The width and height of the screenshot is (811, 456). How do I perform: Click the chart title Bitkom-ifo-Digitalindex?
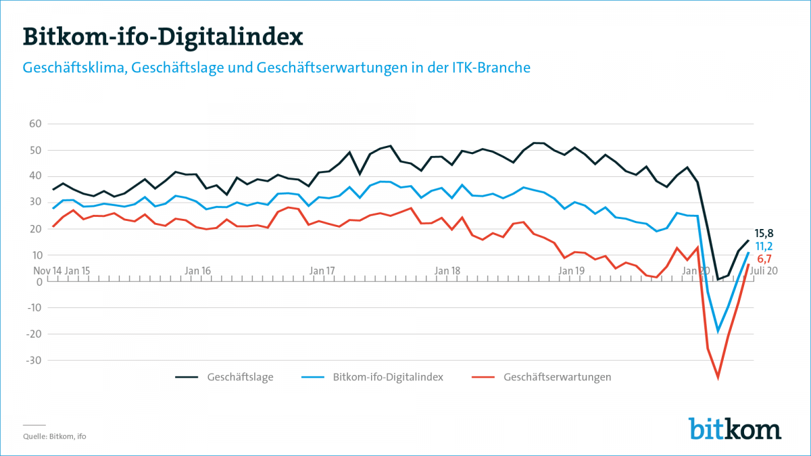click(163, 36)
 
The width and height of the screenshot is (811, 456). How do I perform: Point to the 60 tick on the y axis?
click(36, 124)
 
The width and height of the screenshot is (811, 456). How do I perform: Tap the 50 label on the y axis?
click(36, 150)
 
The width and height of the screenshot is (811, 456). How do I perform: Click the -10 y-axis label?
click(34, 308)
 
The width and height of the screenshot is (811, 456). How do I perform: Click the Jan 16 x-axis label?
click(197, 271)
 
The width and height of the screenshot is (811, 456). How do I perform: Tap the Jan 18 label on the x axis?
click(447, 271)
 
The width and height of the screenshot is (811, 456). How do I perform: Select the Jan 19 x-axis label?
click(572, 271)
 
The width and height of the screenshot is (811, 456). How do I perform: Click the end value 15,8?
click(764, 234)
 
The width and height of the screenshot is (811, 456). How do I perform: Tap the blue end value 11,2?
click(764, 247)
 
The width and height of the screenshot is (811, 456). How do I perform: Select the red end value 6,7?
click(764, 259)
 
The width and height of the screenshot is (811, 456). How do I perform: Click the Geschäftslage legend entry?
click(240, 377)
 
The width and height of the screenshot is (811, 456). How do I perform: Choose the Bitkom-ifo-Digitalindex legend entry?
click(388, 377)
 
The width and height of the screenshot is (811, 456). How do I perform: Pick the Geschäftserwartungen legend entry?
click(557, 377)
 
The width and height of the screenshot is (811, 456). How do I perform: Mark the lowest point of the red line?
click(718, 378)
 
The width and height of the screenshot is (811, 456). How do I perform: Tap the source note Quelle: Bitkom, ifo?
click(55, 436)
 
